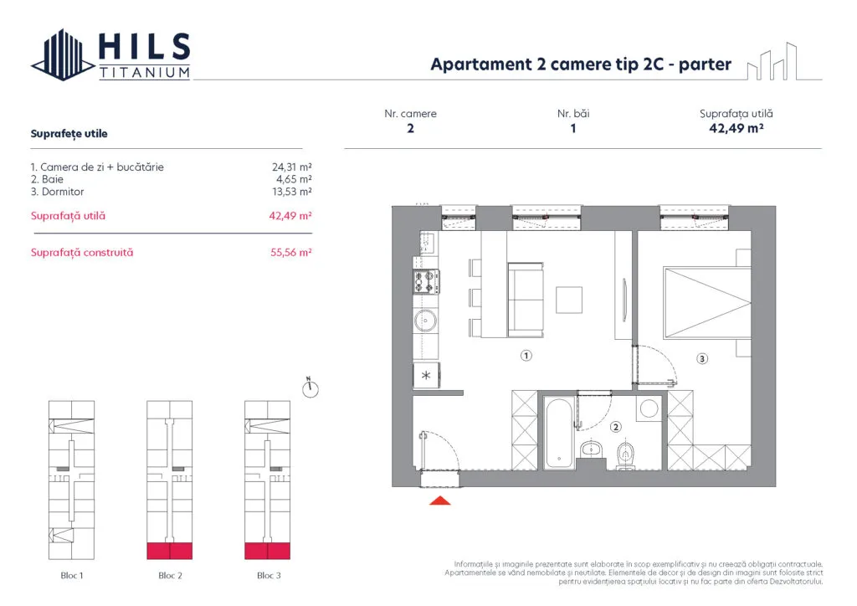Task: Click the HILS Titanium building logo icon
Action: pyautogui.click(x=63, y=54)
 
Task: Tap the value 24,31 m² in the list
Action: pyautogui.click(x=292, y=167)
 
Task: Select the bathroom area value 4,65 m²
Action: pyautogui.click(x=294, y=179)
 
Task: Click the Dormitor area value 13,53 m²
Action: pyautogui.click(x=292, y=192)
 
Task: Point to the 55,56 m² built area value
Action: pyautogui.click(x=290, y=253)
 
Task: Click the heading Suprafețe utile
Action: pyautogui.click(x=69, y=134)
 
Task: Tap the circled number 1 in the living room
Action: pyautogui.click(x=526, y=356)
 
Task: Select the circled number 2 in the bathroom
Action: pyautogui.click(x=616, y=427)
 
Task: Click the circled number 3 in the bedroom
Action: pyautogui.click(x=702, y=358)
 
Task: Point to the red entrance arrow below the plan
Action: pyautogui.click(x=440, y=501)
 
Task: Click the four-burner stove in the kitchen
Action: pyautogui.click(x=426, y=282)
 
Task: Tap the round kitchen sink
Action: pyautogui.click(x=426, y=321)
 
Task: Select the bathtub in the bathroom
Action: pyautogui.click(x=558, y=433)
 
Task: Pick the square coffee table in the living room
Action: pyautogui.click(x=569, y=300)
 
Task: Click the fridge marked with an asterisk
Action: pyautogui.click(x=426, y=376)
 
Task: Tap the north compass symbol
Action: pyautogui.click(x=310, y=388)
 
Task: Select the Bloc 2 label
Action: pyautogui.click(x=170, y=575)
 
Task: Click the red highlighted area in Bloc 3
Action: pyautogui.click(x=267, y=551)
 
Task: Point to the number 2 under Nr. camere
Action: pyautogui.click(x=410, y=128)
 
